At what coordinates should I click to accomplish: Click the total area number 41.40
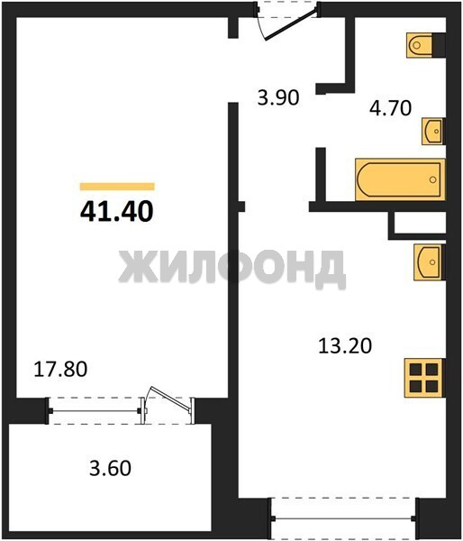(117, 211)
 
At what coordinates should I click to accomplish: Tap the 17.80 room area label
(60, 369)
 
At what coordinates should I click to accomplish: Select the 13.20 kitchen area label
(345, 345)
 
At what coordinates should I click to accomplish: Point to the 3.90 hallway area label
(278, 97)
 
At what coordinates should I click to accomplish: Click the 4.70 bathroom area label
(391, 107)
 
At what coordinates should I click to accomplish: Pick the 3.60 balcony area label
(110, 469)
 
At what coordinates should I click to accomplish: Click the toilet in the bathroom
(419, 45)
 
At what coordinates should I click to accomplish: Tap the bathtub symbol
(400, 179)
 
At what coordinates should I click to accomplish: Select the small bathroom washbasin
(432, 131)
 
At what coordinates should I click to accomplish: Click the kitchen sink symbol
(428, 262)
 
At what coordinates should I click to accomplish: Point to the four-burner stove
(424, 378)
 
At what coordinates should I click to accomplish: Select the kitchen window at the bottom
(344, 518)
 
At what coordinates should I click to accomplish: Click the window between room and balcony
(95, 410)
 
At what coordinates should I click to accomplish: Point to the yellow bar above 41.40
(117, 187)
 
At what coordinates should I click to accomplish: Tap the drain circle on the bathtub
(433, 179)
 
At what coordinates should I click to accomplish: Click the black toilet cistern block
(439, 45)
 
